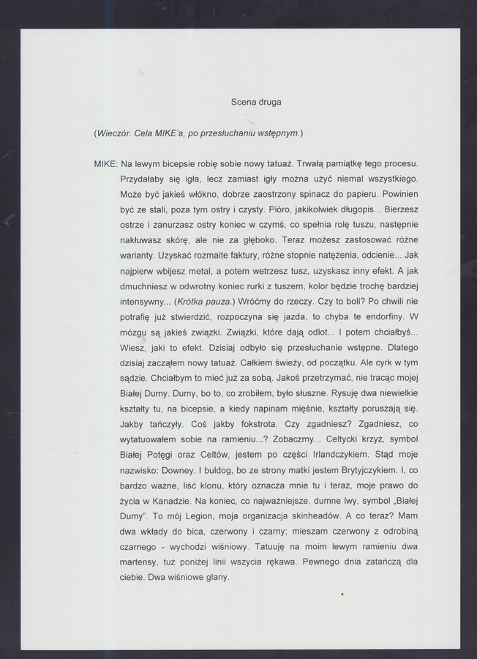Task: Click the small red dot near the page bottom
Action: pyautogui.click(x=341, y=596)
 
